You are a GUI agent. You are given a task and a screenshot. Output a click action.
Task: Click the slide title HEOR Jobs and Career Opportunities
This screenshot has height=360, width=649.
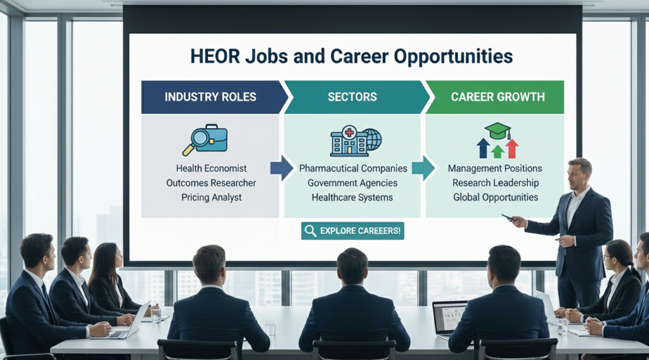click(352, 56)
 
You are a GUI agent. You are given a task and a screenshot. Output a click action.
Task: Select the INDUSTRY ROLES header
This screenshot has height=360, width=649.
click(210, 97)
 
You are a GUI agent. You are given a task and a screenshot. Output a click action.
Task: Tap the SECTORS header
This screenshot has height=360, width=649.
click(352, 97)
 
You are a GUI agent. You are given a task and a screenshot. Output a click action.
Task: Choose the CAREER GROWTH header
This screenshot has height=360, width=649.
click(498, 97)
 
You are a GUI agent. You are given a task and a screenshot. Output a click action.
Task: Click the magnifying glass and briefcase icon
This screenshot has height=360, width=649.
click(205, 139)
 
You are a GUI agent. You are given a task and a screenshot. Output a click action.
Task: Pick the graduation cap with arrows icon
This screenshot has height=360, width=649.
click(498, 140)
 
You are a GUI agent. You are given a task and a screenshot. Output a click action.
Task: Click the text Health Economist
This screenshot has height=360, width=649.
click(212, 169)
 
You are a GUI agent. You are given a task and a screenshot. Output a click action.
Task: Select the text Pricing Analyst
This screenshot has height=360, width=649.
click(211, 197)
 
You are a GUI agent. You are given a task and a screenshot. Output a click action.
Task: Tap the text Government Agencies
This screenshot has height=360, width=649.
click(352, 183)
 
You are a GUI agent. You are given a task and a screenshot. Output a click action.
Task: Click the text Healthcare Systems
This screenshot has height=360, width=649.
click(352, 197)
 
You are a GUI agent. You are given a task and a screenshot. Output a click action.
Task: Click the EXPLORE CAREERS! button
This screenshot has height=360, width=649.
click(352, 231)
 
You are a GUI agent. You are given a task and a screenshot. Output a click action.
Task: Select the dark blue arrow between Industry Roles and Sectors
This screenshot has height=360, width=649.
click(281, 168)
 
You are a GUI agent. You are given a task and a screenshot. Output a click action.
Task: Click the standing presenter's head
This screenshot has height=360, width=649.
click(579, 173)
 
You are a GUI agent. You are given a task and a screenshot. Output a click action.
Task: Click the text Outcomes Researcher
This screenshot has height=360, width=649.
click(211, 183)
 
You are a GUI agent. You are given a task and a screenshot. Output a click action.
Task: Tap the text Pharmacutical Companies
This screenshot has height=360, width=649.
click(353, 169)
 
